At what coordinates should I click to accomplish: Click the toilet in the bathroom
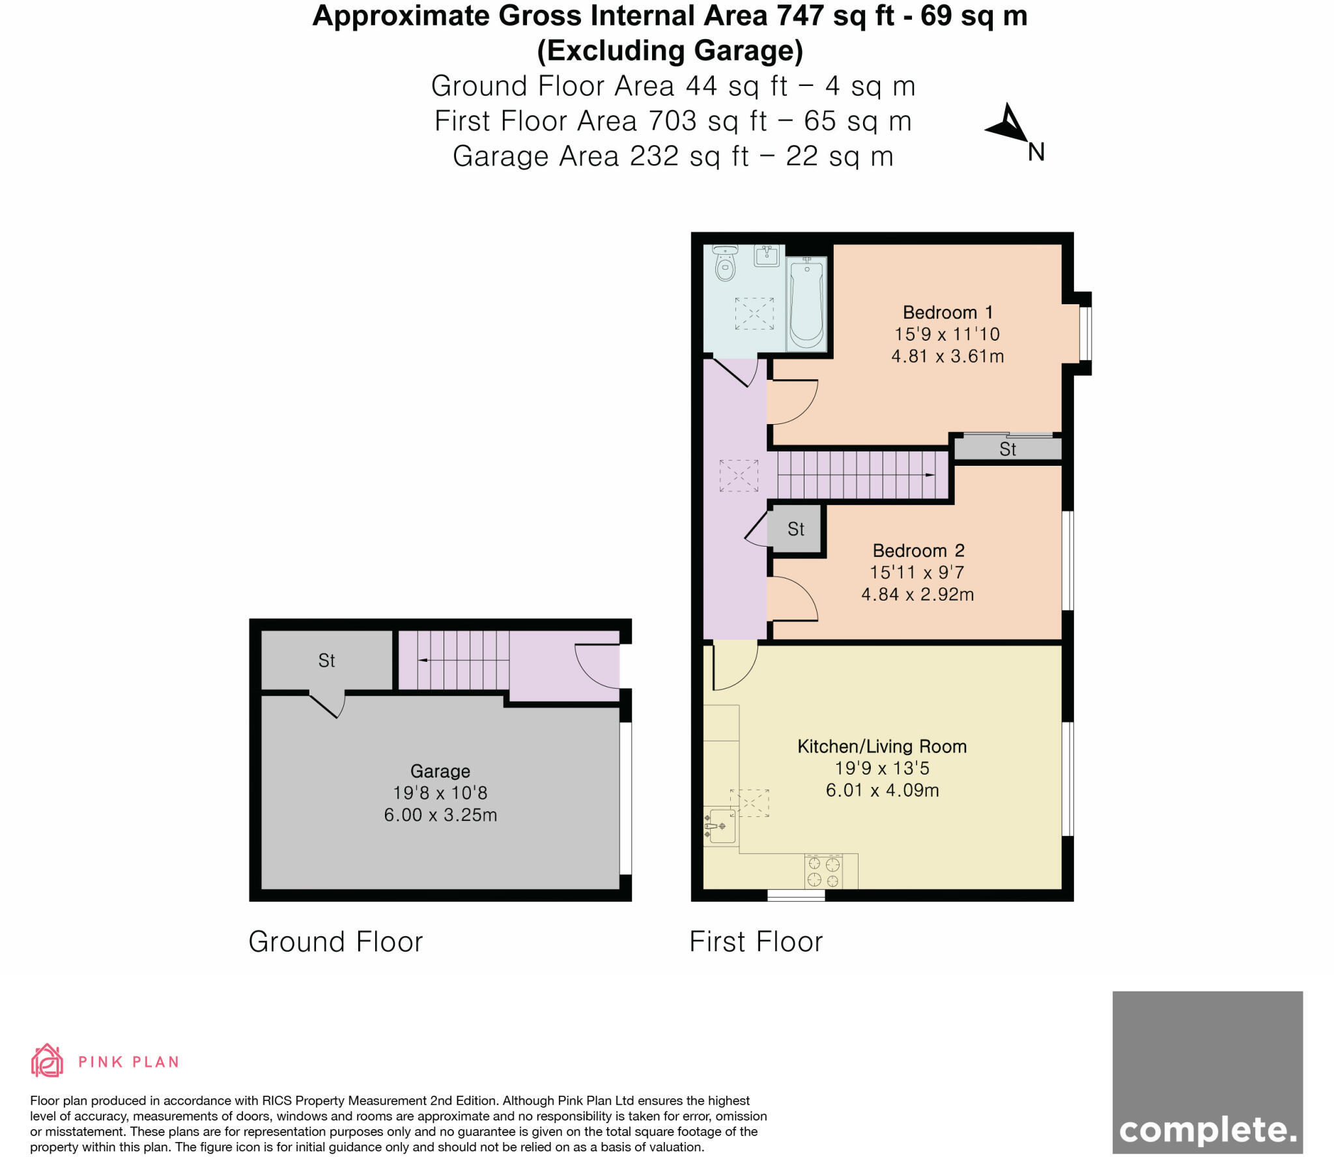coord(724,263)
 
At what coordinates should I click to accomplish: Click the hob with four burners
coord(823,872)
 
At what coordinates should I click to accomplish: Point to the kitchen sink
coord(719,827)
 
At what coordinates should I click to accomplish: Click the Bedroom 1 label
coord(948,312)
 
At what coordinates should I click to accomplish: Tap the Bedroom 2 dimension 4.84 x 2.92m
coord(917,594)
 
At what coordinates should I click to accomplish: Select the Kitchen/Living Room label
coord(882,746)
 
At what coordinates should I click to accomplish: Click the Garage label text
coord(440,771)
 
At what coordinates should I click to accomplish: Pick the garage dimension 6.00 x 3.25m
coord(440,814)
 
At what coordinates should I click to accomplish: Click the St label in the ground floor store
coord(326,661)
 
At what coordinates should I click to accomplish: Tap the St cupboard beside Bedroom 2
coord(795,529)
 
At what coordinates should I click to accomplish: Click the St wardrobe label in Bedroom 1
coord(1007,449)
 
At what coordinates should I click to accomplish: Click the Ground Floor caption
coord(335,941)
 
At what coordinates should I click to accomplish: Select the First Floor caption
coord(756,941)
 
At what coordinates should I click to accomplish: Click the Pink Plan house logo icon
coord(47,1061)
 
